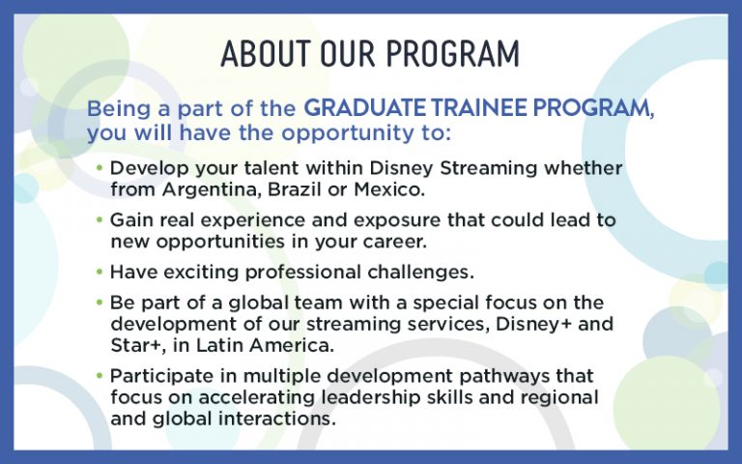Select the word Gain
(x=130, y=220)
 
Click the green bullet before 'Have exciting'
(x=100, y=271)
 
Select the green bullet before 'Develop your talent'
(x=100, y=167)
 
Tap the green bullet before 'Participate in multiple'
(x=100, y=375)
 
